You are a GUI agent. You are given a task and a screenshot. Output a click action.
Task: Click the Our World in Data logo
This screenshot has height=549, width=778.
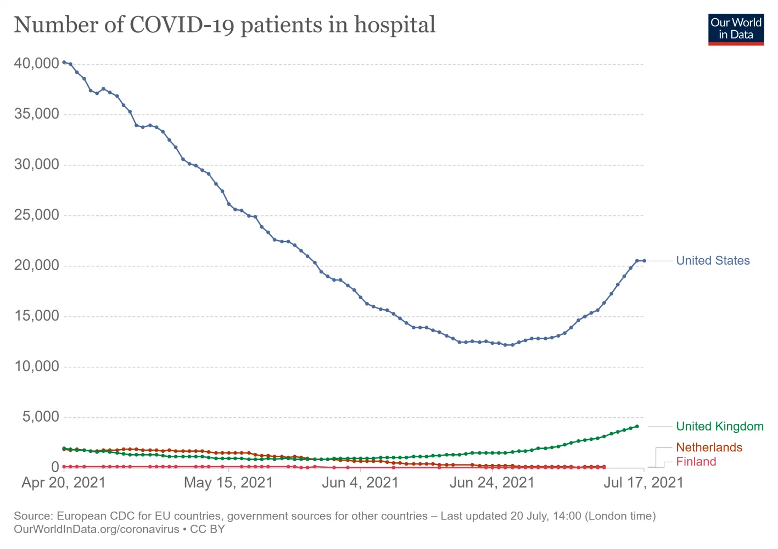736,29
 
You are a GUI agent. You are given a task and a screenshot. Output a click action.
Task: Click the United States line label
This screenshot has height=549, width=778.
713,261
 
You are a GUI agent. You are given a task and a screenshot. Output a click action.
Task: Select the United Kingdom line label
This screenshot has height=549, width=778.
719,427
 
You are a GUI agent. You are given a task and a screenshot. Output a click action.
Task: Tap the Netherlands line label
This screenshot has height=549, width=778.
709,447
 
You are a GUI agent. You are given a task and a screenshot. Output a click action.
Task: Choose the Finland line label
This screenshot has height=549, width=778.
696,462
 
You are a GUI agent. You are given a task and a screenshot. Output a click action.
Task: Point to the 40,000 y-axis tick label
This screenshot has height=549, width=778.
36,64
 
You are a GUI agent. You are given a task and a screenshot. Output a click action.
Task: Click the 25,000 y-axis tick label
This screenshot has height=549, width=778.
36,215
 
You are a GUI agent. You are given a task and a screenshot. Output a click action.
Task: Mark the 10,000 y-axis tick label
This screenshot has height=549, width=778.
36,367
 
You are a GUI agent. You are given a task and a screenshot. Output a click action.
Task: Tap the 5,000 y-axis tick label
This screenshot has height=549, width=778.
40,417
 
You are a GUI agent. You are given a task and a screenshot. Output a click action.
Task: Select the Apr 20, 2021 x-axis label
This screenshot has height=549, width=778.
63,483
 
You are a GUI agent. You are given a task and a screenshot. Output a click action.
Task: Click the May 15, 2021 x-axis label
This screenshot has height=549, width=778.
228,483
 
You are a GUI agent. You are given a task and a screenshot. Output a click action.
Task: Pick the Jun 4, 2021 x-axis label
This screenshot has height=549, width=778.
360,483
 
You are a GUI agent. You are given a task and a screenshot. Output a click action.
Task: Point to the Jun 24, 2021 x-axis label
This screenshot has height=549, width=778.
491,483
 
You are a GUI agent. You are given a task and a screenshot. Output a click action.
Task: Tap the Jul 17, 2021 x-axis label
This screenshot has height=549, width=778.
643,483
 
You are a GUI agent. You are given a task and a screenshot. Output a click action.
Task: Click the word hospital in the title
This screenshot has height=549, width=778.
395,25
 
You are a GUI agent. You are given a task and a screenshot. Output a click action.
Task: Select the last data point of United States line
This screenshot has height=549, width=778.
644,261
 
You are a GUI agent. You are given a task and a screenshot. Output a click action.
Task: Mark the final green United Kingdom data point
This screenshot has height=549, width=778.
637,426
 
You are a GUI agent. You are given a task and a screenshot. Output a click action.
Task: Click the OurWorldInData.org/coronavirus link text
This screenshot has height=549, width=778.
97,529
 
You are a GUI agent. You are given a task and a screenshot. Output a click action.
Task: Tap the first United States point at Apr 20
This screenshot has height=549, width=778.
64,63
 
